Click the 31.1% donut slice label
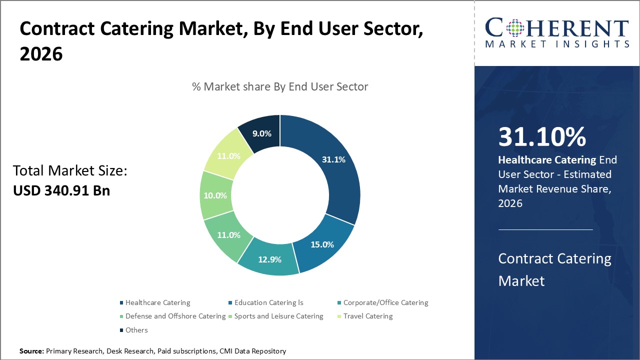(x=332, y=160)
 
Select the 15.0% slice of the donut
(x=322, y=244)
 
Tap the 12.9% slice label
(x=270, y=259)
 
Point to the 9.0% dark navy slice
(x=262, y=133)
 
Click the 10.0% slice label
(x=215, y=195)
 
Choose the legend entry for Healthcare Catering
(x=157, y=302)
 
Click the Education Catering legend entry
(x=268, y=302)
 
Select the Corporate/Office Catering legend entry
(x=385, y=302)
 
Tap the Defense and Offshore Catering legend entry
(x=175, y=316)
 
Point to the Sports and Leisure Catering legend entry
(x=278, y=316)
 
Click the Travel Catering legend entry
(x=367, y=316)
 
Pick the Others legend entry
(x=136, y=330)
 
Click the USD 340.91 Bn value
(x=61, y=190)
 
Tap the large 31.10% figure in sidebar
(x=542, y=137)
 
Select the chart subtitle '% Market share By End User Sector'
(x=280, y=86)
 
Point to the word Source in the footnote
(x=31, y=351)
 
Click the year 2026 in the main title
(x=41, y=54)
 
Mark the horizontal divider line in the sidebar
(x=545, y=229)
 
